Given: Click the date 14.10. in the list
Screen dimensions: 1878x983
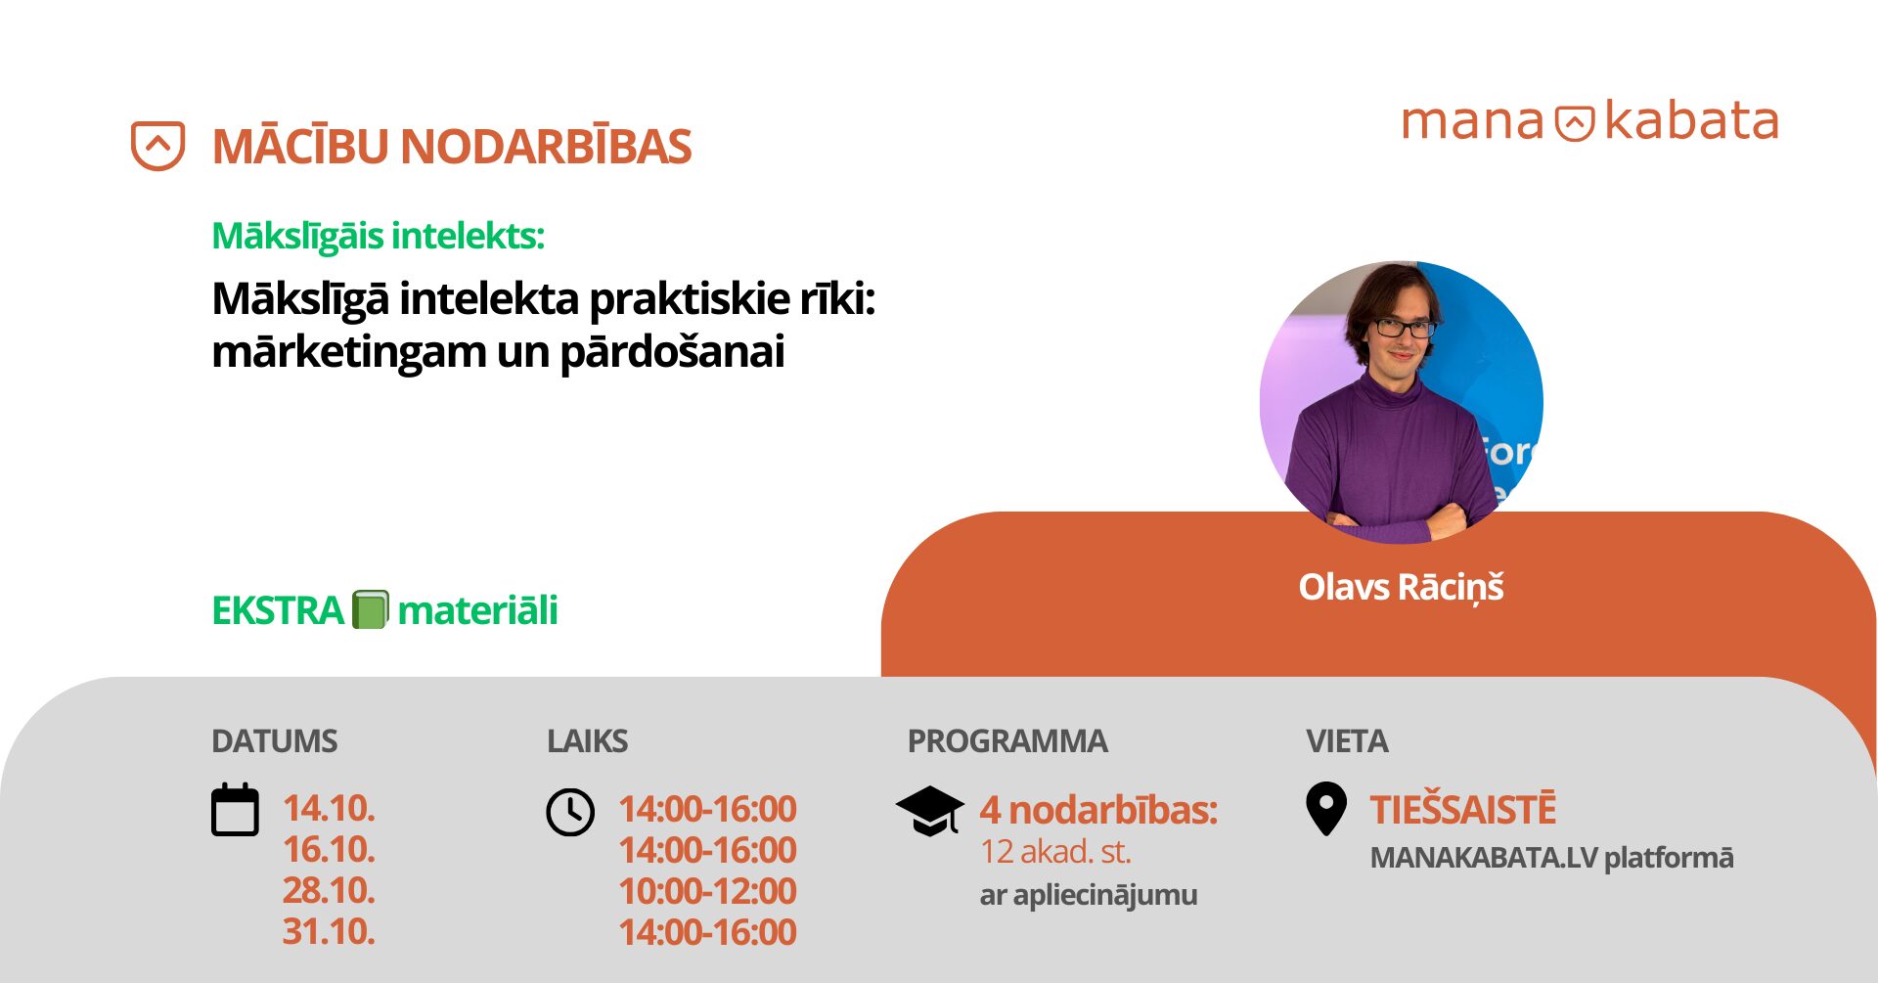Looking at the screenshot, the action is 329,809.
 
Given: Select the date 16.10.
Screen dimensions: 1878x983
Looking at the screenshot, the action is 329,850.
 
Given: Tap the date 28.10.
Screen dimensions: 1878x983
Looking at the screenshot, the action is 329,891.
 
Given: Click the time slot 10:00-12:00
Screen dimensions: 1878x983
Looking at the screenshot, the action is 708,891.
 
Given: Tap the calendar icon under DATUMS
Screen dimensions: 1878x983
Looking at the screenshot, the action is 235,810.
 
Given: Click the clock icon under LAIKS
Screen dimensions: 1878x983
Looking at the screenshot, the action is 570,812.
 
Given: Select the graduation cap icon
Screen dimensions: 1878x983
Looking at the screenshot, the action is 930,811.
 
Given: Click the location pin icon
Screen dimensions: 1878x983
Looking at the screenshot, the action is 1326,809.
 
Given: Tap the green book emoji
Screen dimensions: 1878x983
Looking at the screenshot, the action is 371,609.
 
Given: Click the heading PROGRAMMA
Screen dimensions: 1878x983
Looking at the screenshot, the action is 1007,741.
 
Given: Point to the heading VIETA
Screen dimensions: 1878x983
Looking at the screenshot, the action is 1347,741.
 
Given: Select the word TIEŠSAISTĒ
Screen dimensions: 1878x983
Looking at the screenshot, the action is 1462,810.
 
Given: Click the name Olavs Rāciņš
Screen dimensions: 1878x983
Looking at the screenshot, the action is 1401,587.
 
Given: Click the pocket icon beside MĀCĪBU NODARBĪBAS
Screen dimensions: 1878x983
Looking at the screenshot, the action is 158,146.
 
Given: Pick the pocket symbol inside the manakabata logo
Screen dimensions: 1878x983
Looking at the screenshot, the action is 1575,123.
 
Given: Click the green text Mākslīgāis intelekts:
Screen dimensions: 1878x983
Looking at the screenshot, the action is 378,236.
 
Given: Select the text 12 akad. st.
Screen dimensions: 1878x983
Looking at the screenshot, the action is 1055,852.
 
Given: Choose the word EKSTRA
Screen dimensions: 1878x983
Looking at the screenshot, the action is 278,610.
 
